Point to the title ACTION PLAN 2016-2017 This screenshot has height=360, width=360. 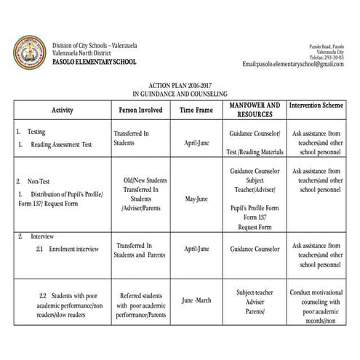[x=180, y=86]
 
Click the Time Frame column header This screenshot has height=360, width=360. [x=196, y=111]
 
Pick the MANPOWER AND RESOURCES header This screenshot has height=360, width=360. [x=254, y=110]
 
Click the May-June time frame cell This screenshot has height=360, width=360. [x=196, y=199]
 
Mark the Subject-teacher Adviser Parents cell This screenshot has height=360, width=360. [x=254, y=302]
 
